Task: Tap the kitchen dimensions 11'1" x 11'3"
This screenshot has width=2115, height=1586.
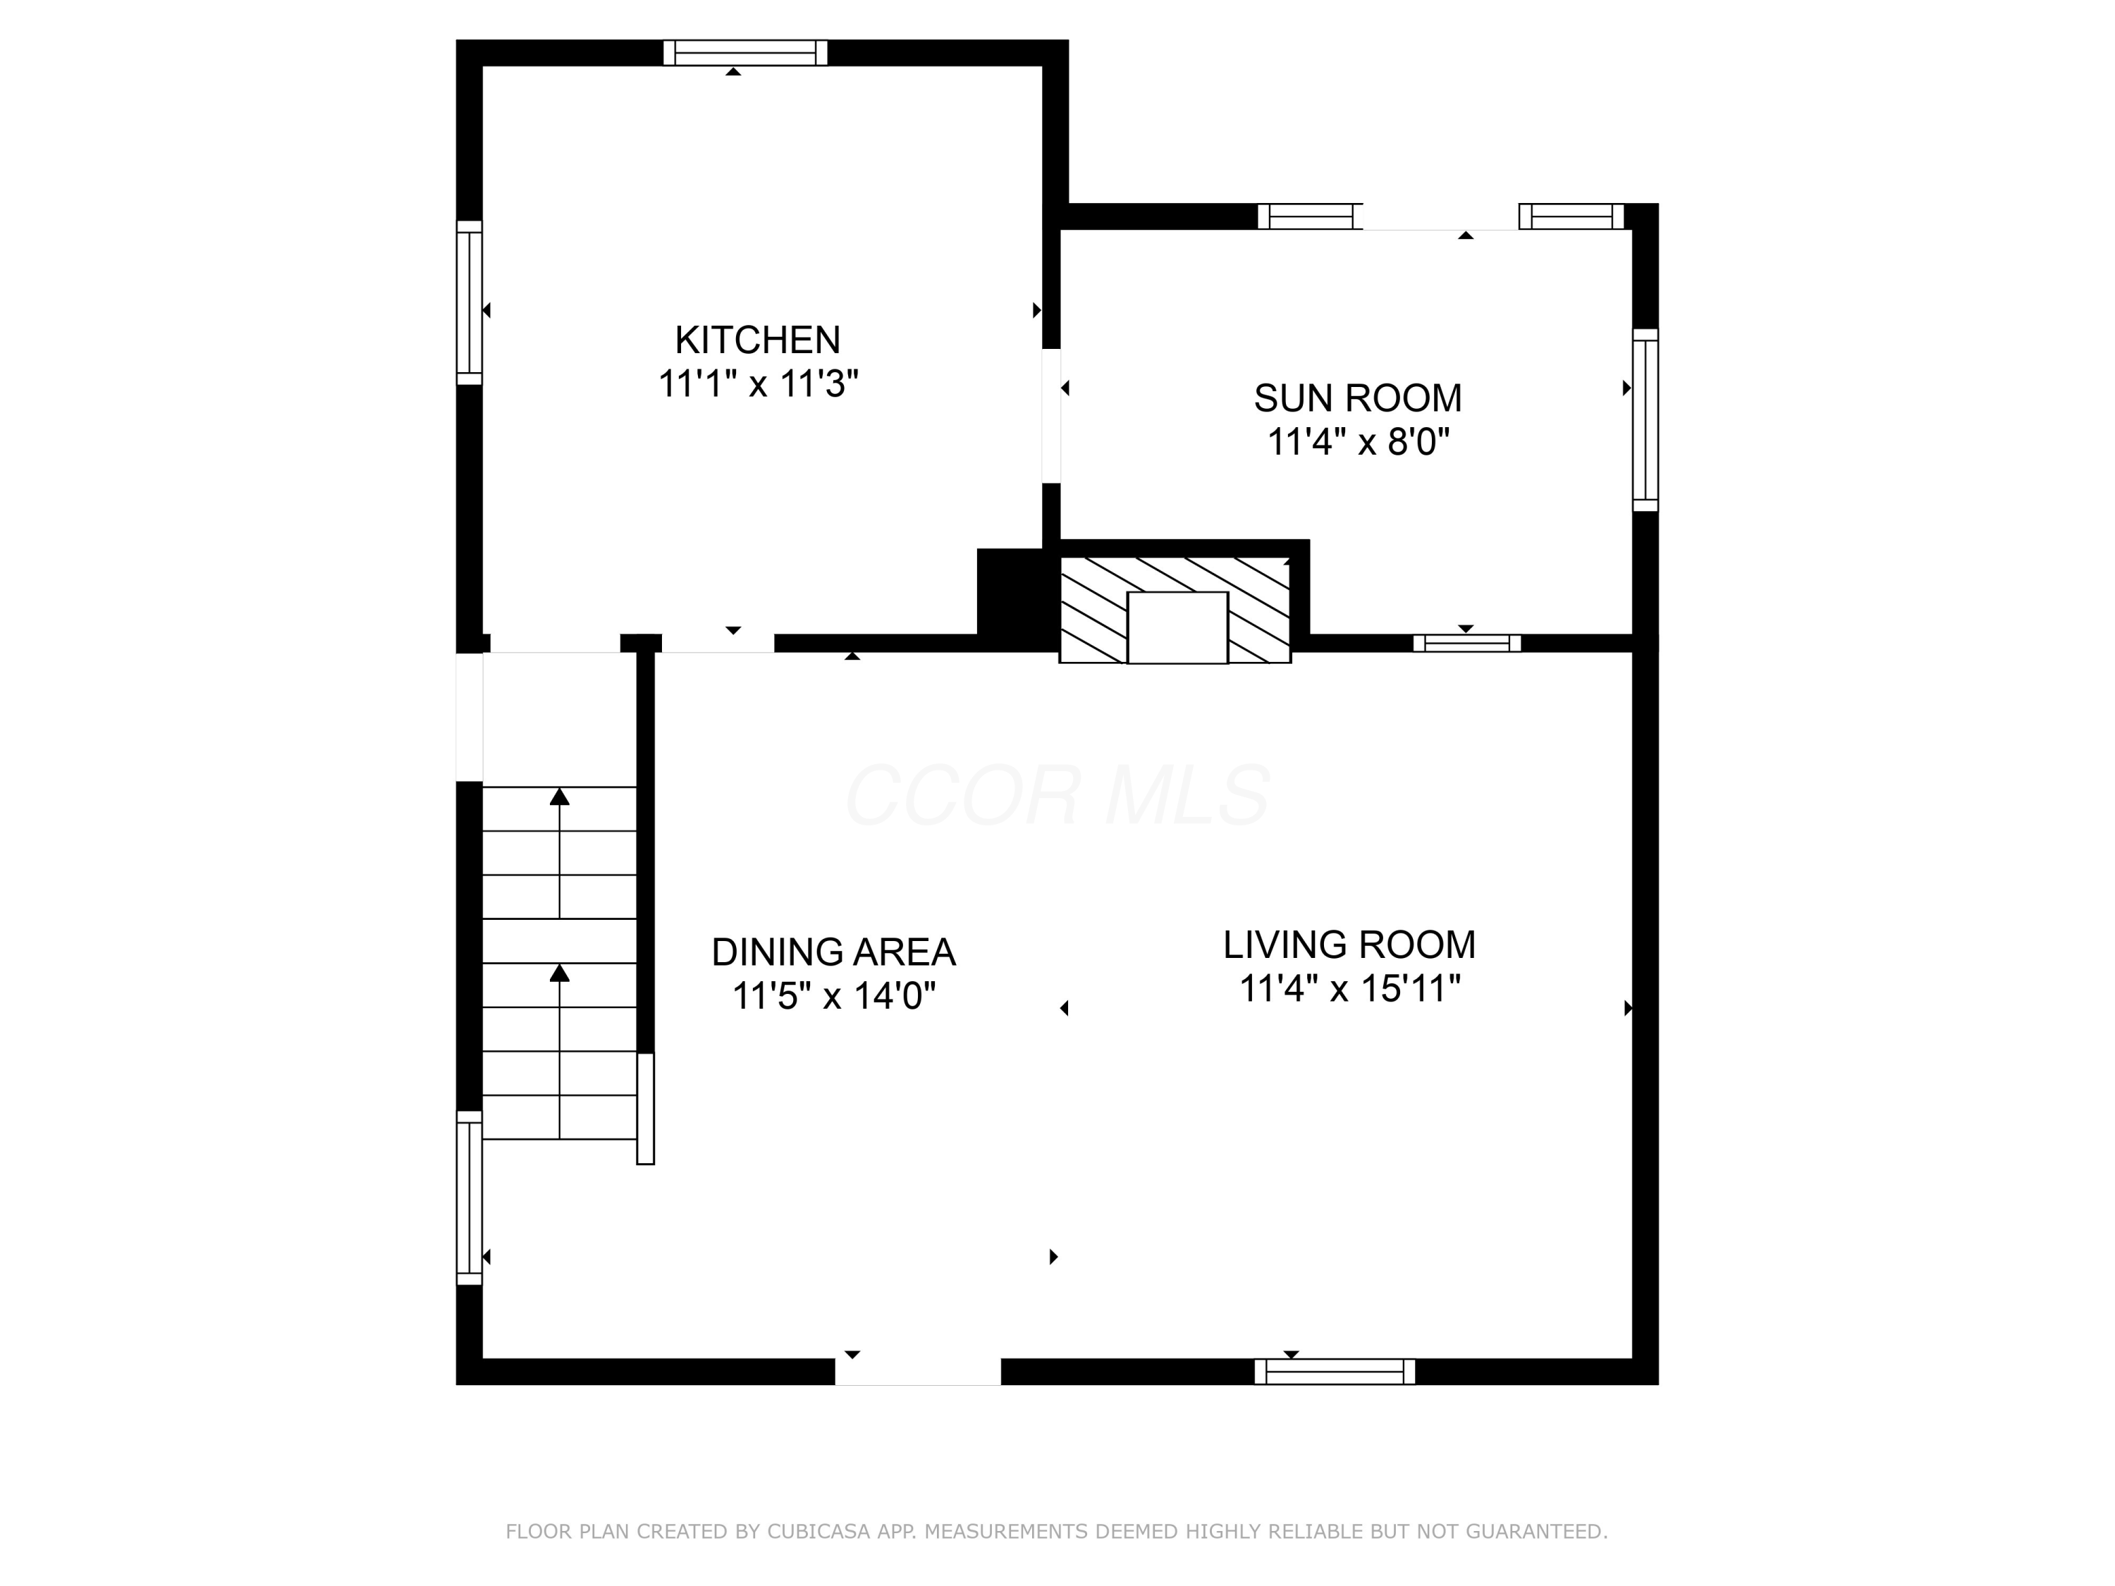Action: (x=757, y=384)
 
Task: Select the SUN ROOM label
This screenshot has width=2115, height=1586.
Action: (x=1357, y=398)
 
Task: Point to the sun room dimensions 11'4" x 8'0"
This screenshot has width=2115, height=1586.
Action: (x=1357, y=443)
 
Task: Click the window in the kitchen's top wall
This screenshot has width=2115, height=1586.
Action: (x=745, y=53)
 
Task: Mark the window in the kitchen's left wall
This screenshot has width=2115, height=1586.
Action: (x=469, y=302)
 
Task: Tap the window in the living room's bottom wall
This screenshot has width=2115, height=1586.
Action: (x=1334, y=1371)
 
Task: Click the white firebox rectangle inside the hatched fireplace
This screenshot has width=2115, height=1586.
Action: (x=1177, y=627)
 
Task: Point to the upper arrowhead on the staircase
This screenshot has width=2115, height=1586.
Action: (x=559, y=797)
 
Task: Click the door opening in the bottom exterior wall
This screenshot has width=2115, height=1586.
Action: (x=917, y=1371)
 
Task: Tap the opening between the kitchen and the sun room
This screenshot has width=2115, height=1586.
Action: (x=1051, y=416)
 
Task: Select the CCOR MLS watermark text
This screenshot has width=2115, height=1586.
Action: (x=1057, y=795)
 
